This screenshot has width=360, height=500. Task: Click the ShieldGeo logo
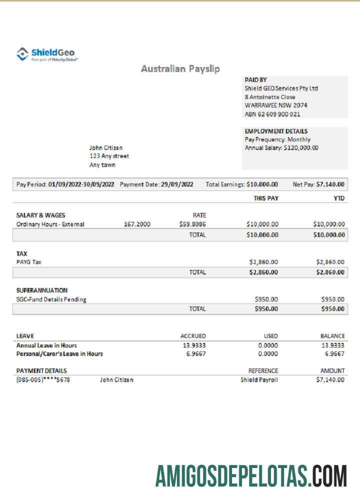47,53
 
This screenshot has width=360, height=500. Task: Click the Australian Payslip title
180,69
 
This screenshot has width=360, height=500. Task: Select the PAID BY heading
255,79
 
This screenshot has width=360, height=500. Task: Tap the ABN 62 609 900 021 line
272,114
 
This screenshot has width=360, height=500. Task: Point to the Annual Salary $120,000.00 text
281,148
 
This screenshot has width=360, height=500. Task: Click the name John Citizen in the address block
105,148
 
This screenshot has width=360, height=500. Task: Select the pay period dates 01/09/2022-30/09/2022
81,184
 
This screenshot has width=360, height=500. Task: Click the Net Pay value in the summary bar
330,184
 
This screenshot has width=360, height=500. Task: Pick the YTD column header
339,198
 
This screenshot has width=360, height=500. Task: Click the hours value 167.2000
137,224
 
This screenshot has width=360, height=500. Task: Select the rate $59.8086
192,224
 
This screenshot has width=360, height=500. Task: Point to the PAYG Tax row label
29,262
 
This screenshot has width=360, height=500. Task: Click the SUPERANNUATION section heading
42,290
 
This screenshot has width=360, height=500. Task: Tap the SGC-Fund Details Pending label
51,299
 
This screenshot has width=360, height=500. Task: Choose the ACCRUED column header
192,336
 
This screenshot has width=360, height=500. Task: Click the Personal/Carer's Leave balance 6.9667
334,354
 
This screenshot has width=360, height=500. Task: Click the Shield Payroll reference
259,380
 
